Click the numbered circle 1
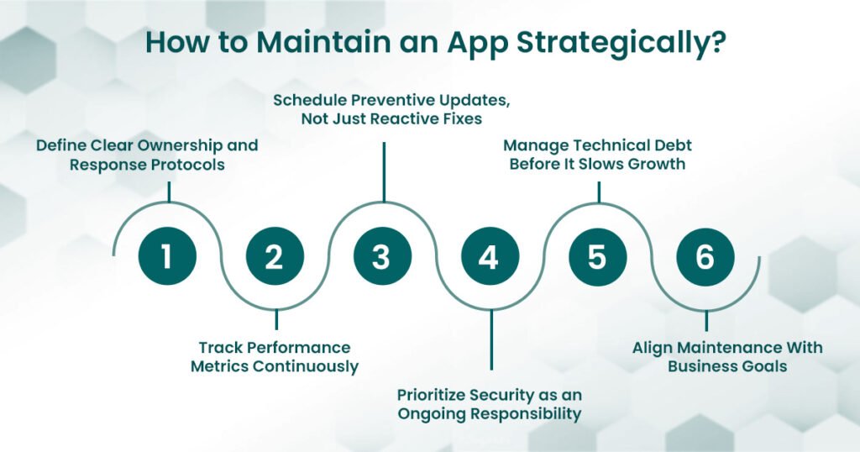point(166,257)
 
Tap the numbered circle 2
point(274,257)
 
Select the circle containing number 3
point(381,257)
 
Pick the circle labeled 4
point(489,257)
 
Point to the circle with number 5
point(596,257)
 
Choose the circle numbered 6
point(705,257)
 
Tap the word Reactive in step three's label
point(401,119)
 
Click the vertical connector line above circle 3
point(384,172)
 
